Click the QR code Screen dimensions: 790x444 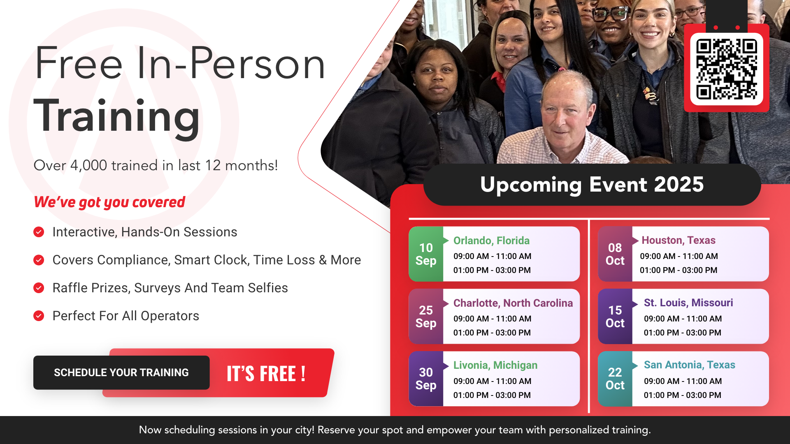(x=726, y=69)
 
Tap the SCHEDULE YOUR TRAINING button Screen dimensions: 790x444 (x=121, y=372)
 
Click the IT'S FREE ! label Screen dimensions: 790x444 (x=266, y=374)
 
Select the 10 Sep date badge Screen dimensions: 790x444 (x=426, y=254)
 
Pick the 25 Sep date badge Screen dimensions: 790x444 (x=426, y=317)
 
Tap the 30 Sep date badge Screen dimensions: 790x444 (x=426, y=379)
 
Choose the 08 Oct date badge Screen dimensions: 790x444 (x=615, y=254)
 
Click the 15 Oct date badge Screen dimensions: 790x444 (x=615, y=317)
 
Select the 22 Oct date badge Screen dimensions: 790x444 (x=615, y=379)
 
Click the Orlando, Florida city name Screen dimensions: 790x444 (x=491, y=240)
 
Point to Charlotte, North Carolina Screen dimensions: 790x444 (x=513, y=303)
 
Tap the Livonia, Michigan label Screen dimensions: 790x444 (x=495, y=365)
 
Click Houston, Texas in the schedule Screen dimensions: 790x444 (x=678, y=240)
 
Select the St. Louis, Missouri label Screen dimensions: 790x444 (x=688, y=303)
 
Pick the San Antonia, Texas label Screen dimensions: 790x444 (x=690, y=365)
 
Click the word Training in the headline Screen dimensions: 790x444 (x=117, y=116)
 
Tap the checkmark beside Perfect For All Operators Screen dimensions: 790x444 (x=39, y=316)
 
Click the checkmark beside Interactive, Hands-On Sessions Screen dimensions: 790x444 (x=39, y=232)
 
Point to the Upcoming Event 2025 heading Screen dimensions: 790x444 (x=592, y=185)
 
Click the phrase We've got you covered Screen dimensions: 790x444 (x=109, y=202)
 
